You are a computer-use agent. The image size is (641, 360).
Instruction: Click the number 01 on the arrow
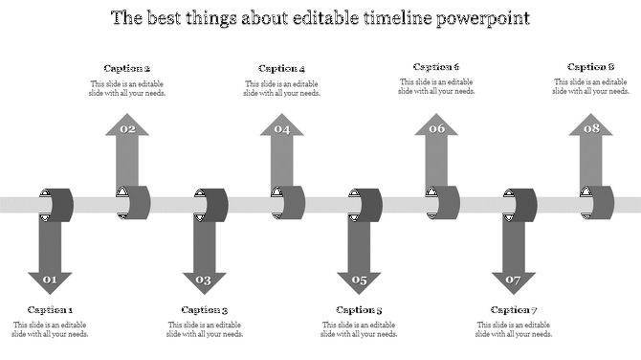point(50,281)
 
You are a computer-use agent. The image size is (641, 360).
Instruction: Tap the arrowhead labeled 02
point(127,127)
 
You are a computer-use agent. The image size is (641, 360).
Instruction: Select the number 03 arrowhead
point(204,281)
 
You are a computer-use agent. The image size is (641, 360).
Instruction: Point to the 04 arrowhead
point(281,127)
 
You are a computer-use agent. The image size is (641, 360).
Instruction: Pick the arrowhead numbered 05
point(359,281)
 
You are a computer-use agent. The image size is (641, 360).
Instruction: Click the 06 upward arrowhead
point(436,127)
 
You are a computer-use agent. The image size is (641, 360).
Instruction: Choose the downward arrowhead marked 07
point(514,281)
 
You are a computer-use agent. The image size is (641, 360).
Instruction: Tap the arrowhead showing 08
point(591,127)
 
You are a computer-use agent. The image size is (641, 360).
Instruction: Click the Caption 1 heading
point(50,309)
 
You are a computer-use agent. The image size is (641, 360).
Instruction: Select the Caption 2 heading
point(127,68)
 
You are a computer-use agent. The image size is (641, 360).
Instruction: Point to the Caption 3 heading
point(205,309)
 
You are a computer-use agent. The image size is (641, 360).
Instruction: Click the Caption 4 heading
point(282,68)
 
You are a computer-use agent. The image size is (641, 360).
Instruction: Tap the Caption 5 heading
point(360,309)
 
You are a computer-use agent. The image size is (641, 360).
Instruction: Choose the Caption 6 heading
point(436,67)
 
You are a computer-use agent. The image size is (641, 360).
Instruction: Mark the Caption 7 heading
point(514,309)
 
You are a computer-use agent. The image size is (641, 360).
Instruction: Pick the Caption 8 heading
point(591,67)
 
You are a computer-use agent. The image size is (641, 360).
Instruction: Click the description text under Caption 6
point(436,87)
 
